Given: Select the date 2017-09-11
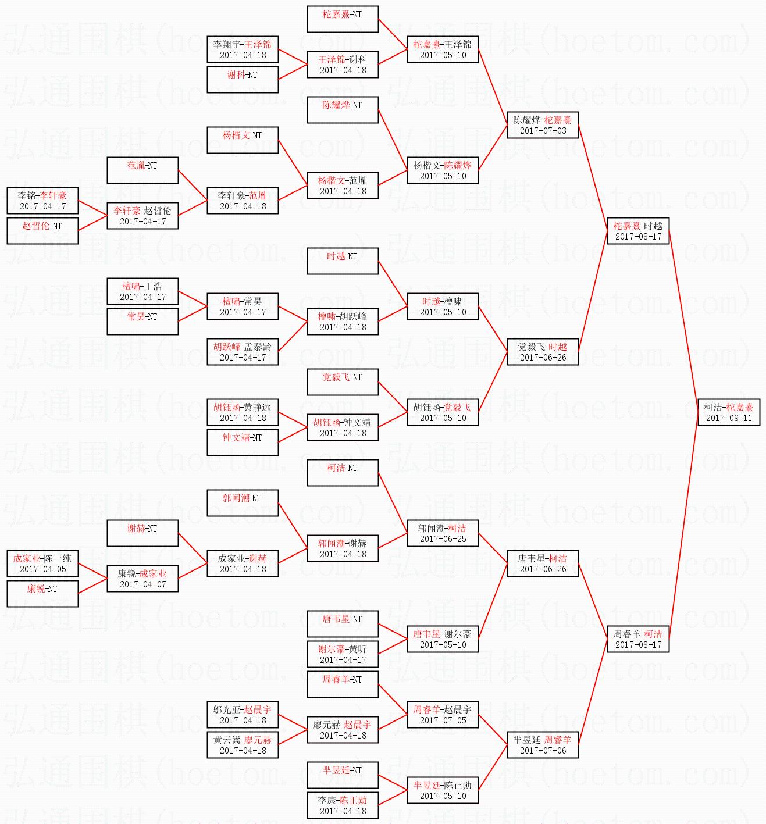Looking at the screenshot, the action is (729, 418).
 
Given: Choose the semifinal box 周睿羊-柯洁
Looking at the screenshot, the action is (637, 639).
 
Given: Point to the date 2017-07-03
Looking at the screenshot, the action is (543, 130).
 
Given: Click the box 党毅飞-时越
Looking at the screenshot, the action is (543, 351).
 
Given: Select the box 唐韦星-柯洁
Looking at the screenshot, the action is (543, 563).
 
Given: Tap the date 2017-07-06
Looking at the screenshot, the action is (543, 750).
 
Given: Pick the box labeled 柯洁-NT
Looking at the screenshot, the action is (343, 473).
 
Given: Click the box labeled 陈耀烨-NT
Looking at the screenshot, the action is (343, 110).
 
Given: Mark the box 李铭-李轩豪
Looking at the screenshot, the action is (42, 201).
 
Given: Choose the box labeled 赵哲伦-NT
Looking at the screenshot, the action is (42, 231).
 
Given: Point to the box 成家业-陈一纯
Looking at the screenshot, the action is (42, 563).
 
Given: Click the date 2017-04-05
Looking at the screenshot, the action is (43, 569).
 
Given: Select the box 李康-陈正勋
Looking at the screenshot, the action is (343, 805).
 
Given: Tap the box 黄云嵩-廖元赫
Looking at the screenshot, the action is (243, 745).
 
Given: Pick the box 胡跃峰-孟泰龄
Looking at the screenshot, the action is (243, 351).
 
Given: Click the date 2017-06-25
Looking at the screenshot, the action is (443, 538).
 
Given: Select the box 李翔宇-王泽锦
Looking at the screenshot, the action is (243, 49).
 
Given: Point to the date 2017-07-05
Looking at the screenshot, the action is (443, 720).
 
